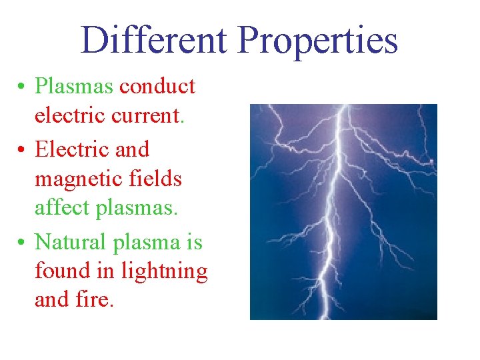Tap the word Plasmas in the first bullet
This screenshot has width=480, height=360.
point(74,86)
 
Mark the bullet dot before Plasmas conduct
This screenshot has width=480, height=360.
point(22,87)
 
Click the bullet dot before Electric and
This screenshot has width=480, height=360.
point(22,150)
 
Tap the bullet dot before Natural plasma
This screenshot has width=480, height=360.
point(22,241)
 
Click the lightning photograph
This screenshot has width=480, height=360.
point(343,211)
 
